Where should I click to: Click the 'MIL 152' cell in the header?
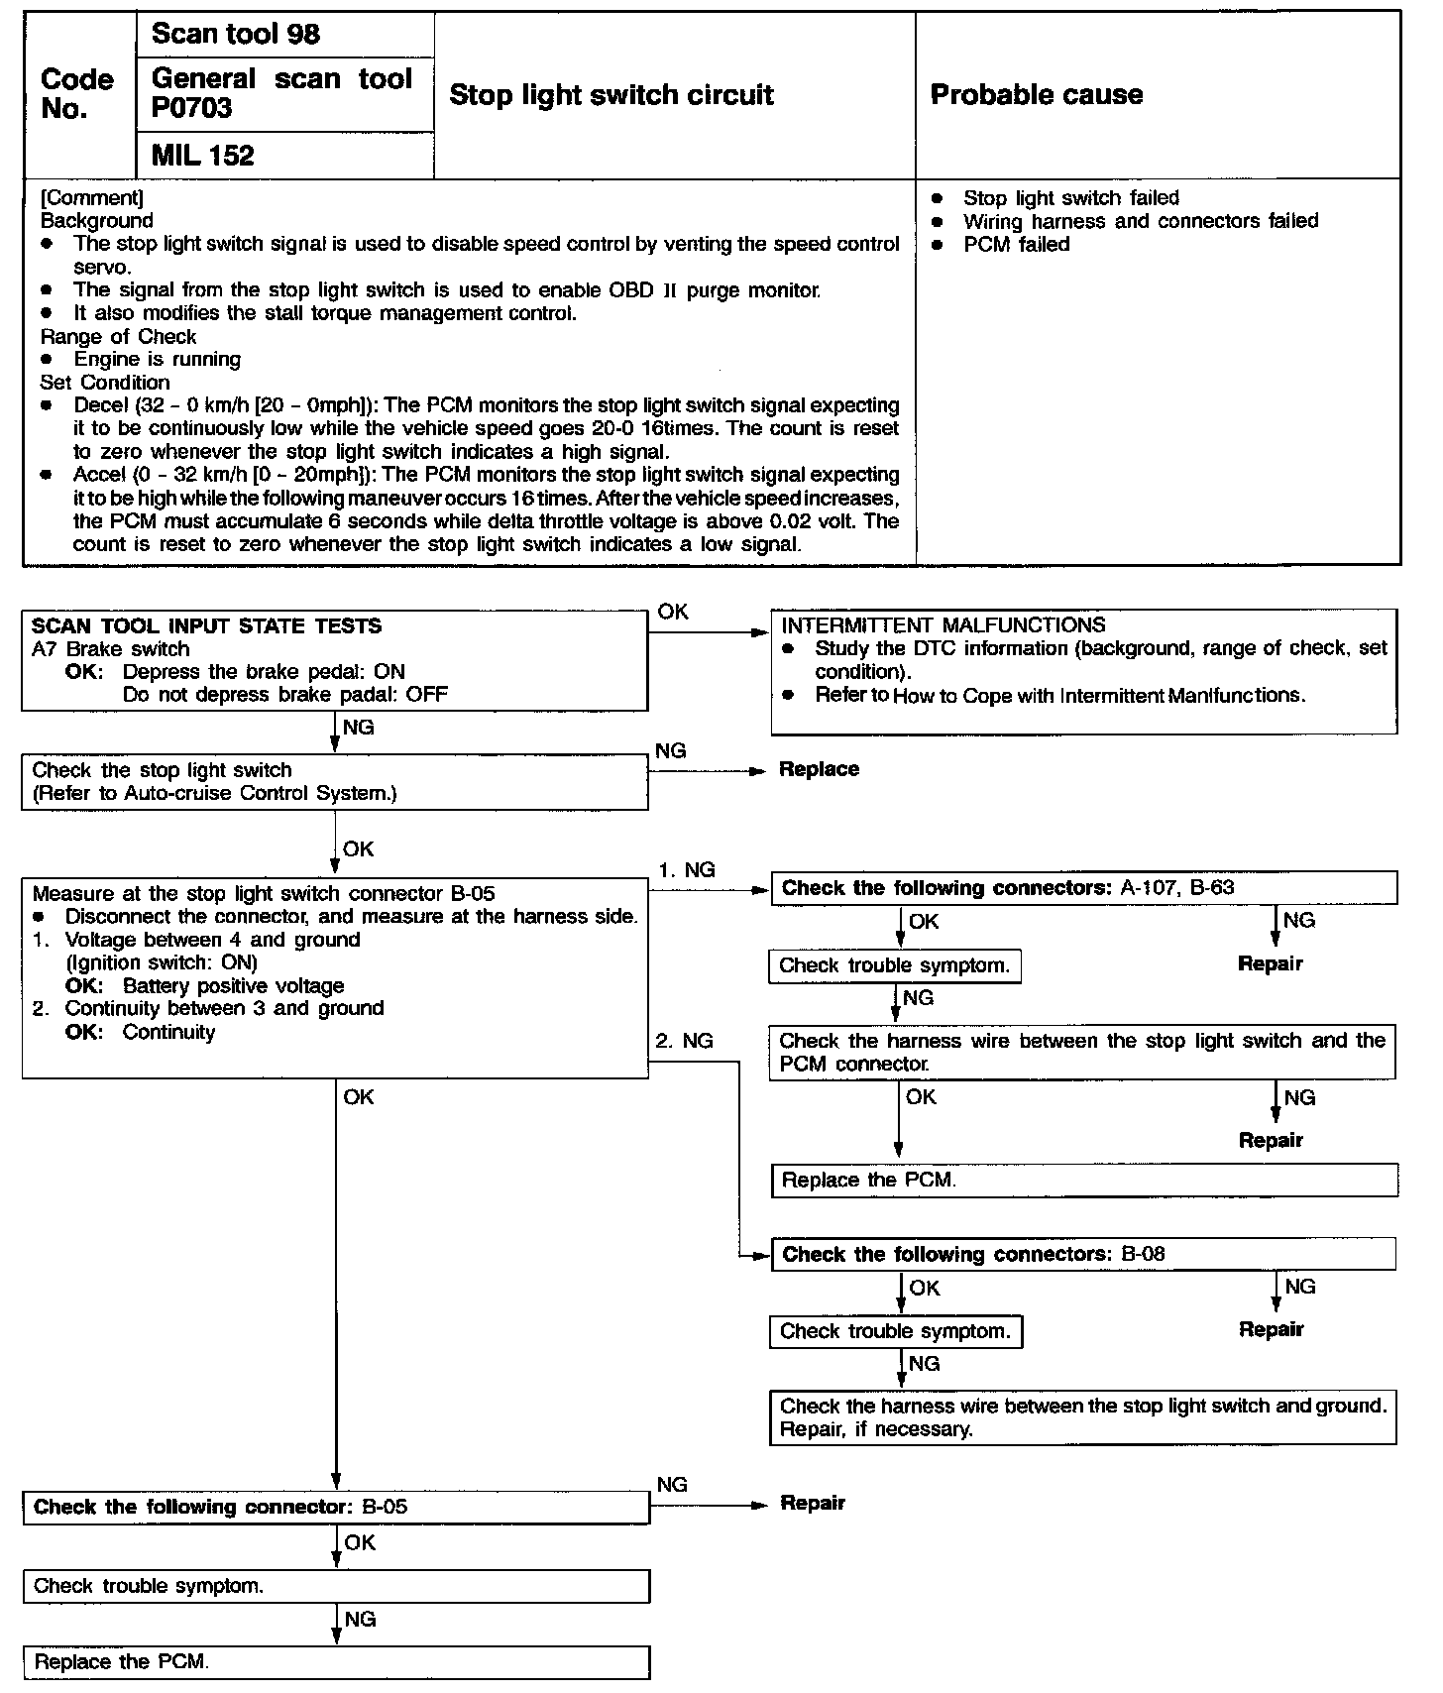click(203, 156)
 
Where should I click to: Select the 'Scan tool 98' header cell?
click(236, 35)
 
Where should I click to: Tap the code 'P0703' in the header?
click(192, 108)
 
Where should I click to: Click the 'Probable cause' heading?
click(1037, 95)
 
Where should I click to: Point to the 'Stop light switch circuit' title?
click(611, 95)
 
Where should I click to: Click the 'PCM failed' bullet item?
click(1017, 245)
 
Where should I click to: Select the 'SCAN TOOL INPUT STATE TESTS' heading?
click(206, 626)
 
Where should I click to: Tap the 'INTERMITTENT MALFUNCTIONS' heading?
click(943, 625)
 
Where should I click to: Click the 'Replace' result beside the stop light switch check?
click(819, 769)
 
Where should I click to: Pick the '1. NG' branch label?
click(686, 870)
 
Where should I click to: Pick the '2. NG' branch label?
click(684, 1041)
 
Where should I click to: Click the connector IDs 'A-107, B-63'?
click(1177, 888)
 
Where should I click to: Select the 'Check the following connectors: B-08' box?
click(1082, 1254)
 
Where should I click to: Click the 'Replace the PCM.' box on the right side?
click(1084, 1180)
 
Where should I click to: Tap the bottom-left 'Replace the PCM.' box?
click(336, 1662)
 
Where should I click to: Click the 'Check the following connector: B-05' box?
click(336, 1508)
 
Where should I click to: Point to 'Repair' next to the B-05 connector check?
click(813, 1504)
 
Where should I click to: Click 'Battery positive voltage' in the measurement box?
click(234, 986)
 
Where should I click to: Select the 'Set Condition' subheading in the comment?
click(105, 383)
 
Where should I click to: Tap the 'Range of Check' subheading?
click(118, 337)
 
